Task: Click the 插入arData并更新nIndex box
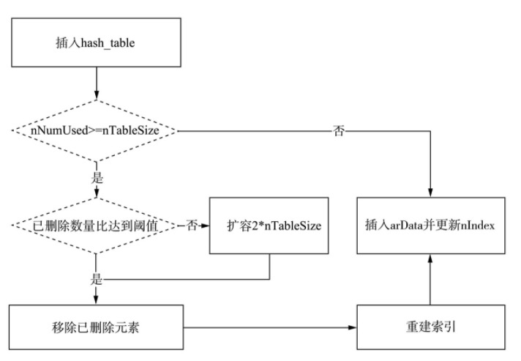[x=430, y=226]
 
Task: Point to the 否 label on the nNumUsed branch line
[x=339, y=131]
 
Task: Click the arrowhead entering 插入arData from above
[x=430, y=192]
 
